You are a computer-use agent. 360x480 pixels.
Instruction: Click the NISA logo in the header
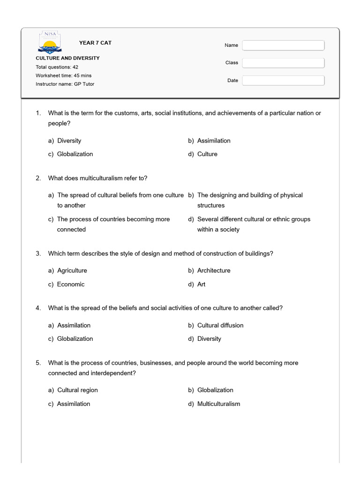click(x=49, y=42)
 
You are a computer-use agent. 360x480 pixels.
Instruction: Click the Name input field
click(x=283, y=45)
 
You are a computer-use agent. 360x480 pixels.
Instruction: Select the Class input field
click(x=283, y=63)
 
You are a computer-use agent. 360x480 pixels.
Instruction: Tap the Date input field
click(x=283, y=81)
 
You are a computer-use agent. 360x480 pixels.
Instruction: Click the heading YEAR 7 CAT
click(x=95, y=43)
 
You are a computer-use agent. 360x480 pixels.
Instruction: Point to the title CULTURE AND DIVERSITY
click(x=67, y=58)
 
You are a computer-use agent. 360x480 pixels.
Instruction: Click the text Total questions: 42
click(x=57, y=67)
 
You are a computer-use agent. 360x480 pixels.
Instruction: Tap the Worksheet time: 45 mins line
click(x=63, y=75)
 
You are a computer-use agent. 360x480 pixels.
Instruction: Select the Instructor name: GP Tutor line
click(x=65, y=84)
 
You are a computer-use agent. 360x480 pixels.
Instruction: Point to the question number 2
click(x=38, y=178)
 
